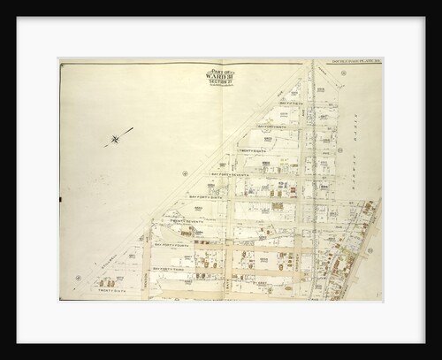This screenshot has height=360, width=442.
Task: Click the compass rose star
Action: (x=115, y=138)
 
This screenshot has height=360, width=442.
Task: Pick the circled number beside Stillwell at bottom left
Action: (x=79, y=276)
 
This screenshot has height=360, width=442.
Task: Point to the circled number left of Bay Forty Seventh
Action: (x=183, y=173)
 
